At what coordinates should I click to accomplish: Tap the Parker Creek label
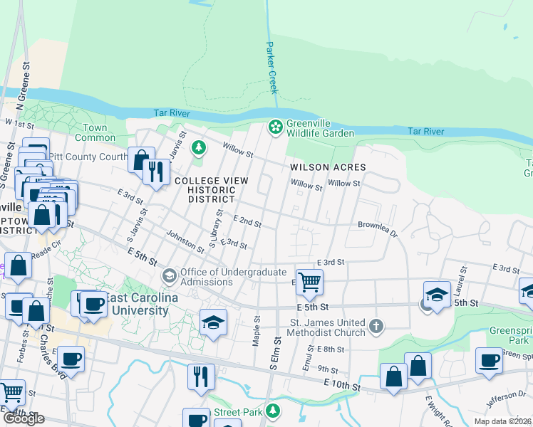pyautogui.click(x=271, y=67)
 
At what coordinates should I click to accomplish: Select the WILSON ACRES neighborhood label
pyautogui.click(x=328, y=167)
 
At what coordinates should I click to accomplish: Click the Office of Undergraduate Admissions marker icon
pyautogui.click(x=170, y=275)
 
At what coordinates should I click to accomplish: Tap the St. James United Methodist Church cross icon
pyautogui.click(x=376, y=327)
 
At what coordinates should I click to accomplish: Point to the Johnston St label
pyautogui.click(x=185, y=239)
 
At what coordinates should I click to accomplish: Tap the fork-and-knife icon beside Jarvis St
pyautogui.click(x=155, y=171)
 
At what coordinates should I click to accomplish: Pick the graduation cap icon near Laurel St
pyautogui.click(x=437, y=295)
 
